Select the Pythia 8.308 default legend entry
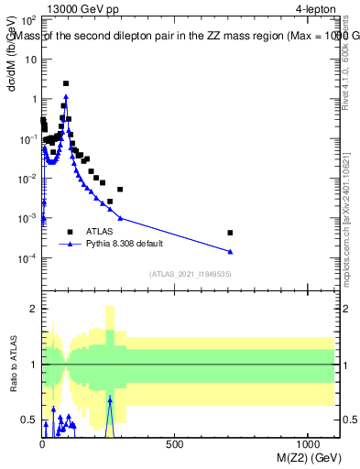[x=128, y=245]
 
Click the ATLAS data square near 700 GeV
[x=230, y=233]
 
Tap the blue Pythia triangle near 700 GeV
[x=230, y=251]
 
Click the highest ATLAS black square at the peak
[x=66, y=83]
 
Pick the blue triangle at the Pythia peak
[x=66, y=95]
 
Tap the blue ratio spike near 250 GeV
[x=110, y=400]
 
